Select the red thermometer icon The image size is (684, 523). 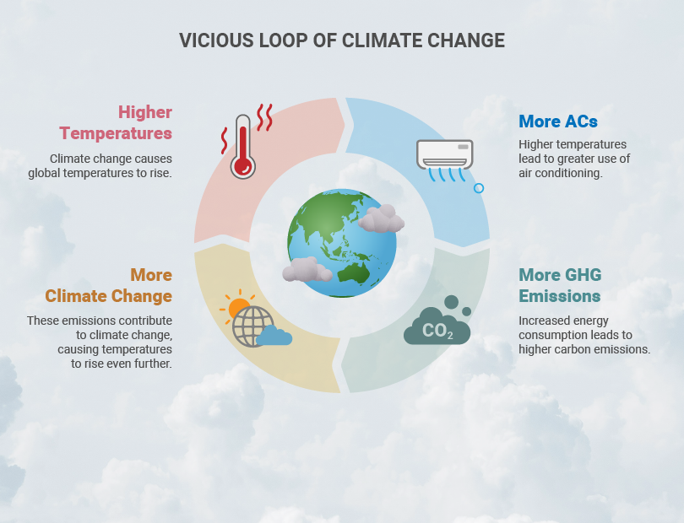click(x=243, y=147)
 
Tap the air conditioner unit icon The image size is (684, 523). click(x=444, y=154)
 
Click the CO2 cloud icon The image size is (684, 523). click(x=437, y=321)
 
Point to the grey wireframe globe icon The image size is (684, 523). click(x=252, y=326)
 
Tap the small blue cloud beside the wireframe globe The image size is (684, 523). click(x=274, y=336)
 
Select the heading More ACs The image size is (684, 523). click(x=558, y=121)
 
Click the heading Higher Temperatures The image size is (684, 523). click(x=116, y=122)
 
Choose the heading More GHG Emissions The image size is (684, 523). click(x=560, y=285)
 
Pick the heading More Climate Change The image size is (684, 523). click(x=109, y=285)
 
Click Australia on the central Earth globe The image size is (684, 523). click(x=353, y=273)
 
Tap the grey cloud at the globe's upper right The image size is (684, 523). click(x=381, y=218)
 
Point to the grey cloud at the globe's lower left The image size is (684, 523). click(x=307, y=269)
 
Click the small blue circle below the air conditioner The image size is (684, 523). click(x=479, y=188)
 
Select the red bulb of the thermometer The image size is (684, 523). click(x=243, y=166)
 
